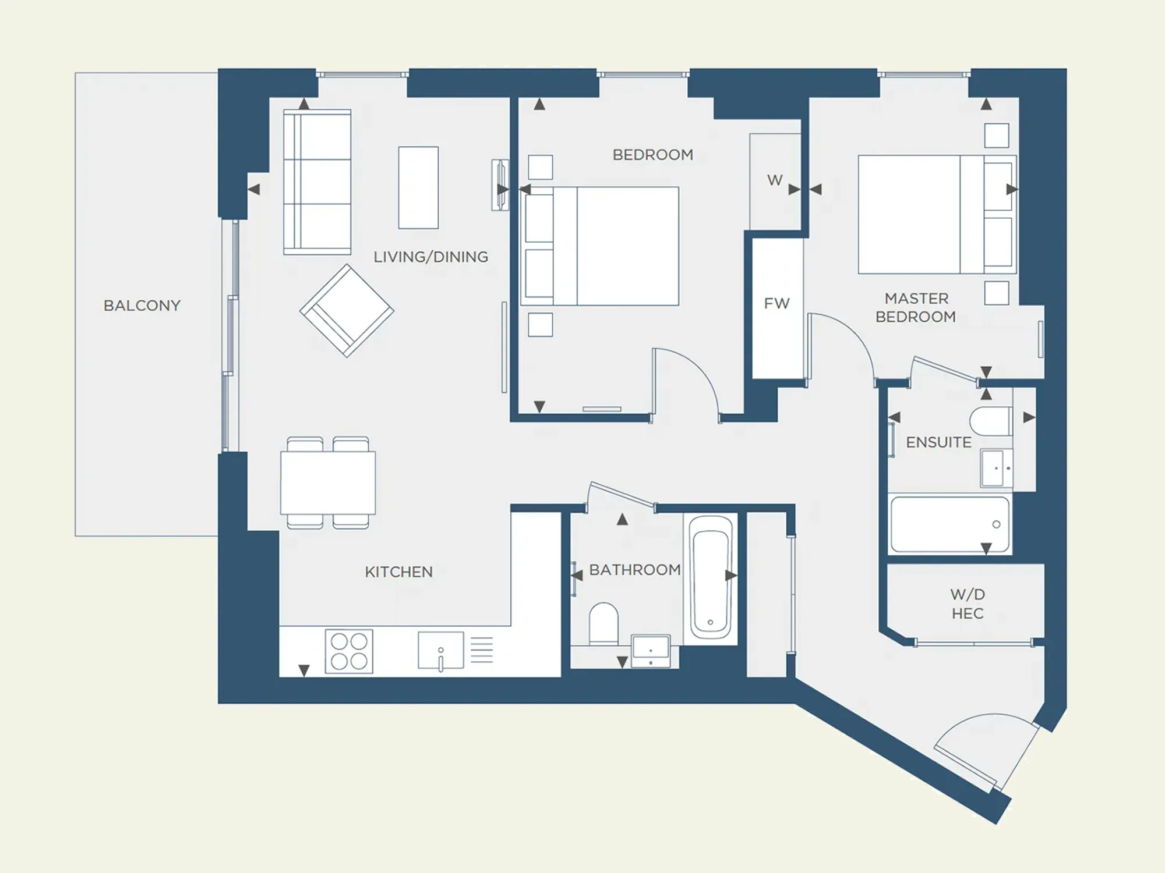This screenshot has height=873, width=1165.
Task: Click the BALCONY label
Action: (x=142, y=306)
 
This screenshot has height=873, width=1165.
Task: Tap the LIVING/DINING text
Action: (x=431, y=257)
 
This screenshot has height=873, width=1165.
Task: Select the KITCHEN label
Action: (x=399, y=572)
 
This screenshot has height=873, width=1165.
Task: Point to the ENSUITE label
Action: (x=939, y=442)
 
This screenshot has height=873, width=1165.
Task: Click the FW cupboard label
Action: (x=777, y=303)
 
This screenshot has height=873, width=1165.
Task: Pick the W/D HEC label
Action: (x=968, y=604)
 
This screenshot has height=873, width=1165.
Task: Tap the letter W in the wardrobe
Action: (x=775, y=180)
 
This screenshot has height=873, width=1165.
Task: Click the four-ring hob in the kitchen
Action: (x=349, y=651)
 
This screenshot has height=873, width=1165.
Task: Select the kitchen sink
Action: (x=441, y=650)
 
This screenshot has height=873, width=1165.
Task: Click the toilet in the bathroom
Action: (x=603, y=623)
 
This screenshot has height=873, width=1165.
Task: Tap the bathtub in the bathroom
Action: (x=711, y=579)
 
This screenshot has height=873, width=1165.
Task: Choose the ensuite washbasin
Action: (x=997, y=468)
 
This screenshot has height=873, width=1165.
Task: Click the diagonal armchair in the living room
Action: (x=347, y=311)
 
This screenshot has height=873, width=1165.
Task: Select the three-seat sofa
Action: (x=317, y=182)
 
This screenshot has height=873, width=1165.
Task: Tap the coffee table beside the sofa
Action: (x=418, y=187)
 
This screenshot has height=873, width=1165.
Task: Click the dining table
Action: (x=328, y=483)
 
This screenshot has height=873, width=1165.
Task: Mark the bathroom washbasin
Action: (x=651, y=651)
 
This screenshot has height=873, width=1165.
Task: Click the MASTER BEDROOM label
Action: (x=916, y=308)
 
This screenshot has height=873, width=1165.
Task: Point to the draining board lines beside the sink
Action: (x=482, y=650)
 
